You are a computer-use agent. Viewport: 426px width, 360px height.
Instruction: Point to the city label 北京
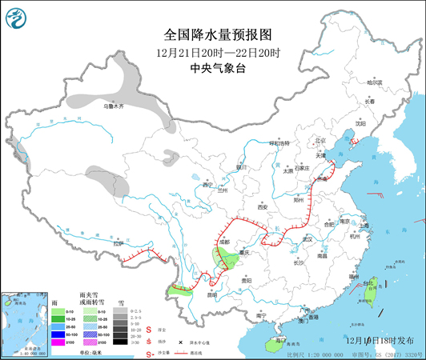(321, 140)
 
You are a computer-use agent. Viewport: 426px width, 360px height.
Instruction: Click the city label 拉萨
(119, 243)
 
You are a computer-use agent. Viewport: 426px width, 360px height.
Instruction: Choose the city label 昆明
(211, 294)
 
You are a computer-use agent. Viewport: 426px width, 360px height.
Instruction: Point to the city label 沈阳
(360, 124)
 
